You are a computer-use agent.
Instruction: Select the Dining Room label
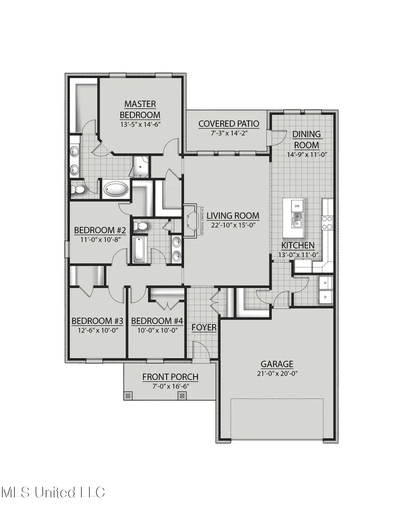coord(306,139)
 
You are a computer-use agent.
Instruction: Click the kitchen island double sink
coord(297,219)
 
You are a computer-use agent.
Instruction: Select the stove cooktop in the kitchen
coord(327,223)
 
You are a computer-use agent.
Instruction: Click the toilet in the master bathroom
coord(78,190)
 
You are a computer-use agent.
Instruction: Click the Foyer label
coord(204,327)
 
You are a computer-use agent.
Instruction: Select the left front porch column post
coord(128,396)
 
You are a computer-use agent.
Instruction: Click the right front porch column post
coord(182,396)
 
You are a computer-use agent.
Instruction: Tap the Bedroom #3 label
coord(98,321)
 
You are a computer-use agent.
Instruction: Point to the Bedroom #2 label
coord(99,230)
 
